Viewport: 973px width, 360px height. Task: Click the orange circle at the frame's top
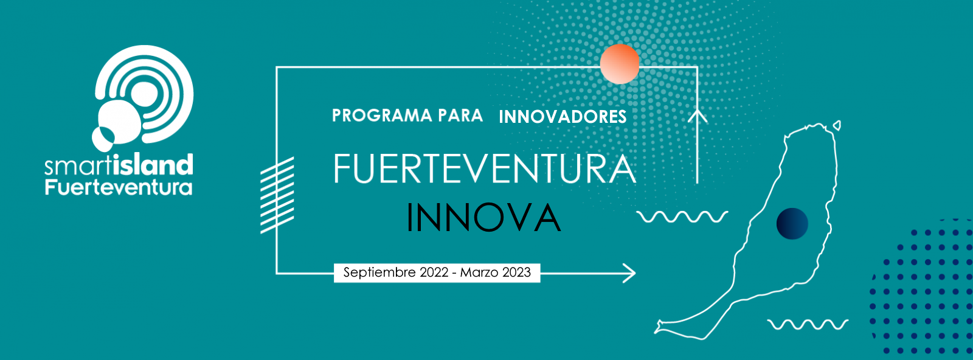620,64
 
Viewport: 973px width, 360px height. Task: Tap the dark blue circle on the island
792,224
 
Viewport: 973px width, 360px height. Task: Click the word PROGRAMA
383,116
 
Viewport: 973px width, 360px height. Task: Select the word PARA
460,116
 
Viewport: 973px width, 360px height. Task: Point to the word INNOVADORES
563,117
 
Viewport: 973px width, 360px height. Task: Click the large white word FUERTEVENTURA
485,168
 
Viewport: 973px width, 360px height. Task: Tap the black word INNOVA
483,218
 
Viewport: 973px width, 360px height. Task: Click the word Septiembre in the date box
379,272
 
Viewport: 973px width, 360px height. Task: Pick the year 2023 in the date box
516,272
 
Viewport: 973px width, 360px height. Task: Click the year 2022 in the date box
434,272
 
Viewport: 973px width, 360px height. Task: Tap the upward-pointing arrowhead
698,116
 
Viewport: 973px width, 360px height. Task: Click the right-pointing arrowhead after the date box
629,273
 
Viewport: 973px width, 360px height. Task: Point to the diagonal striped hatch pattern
277,195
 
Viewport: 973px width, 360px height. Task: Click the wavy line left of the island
682,216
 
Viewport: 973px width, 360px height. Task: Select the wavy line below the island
808,324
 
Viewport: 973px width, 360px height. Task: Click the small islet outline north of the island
837,126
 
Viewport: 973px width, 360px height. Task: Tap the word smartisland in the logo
119,165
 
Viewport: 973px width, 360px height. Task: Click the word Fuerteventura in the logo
119,187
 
